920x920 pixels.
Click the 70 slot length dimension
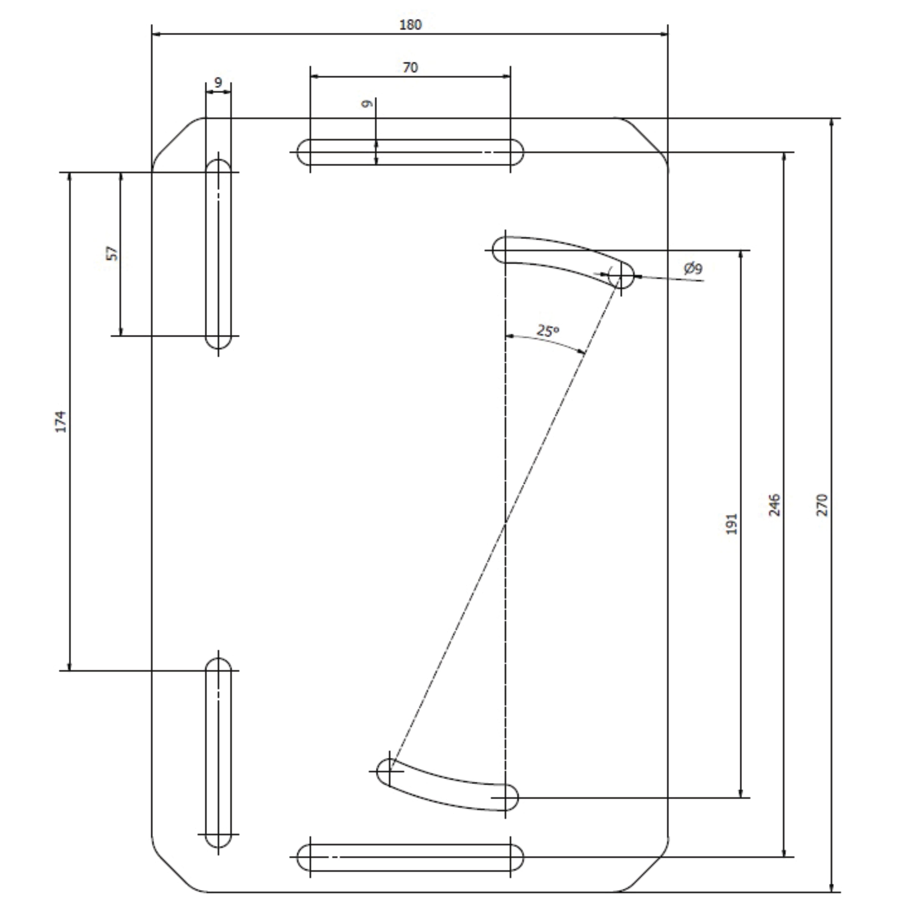(x=410, y=68)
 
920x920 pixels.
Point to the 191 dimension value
(x=732, y=524)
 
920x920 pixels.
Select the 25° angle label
(x=548, y=330)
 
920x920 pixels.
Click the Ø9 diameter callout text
(x=693, y=269)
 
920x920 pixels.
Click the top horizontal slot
(x=410, y=152)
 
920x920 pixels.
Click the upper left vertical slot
(x=218, y=254)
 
